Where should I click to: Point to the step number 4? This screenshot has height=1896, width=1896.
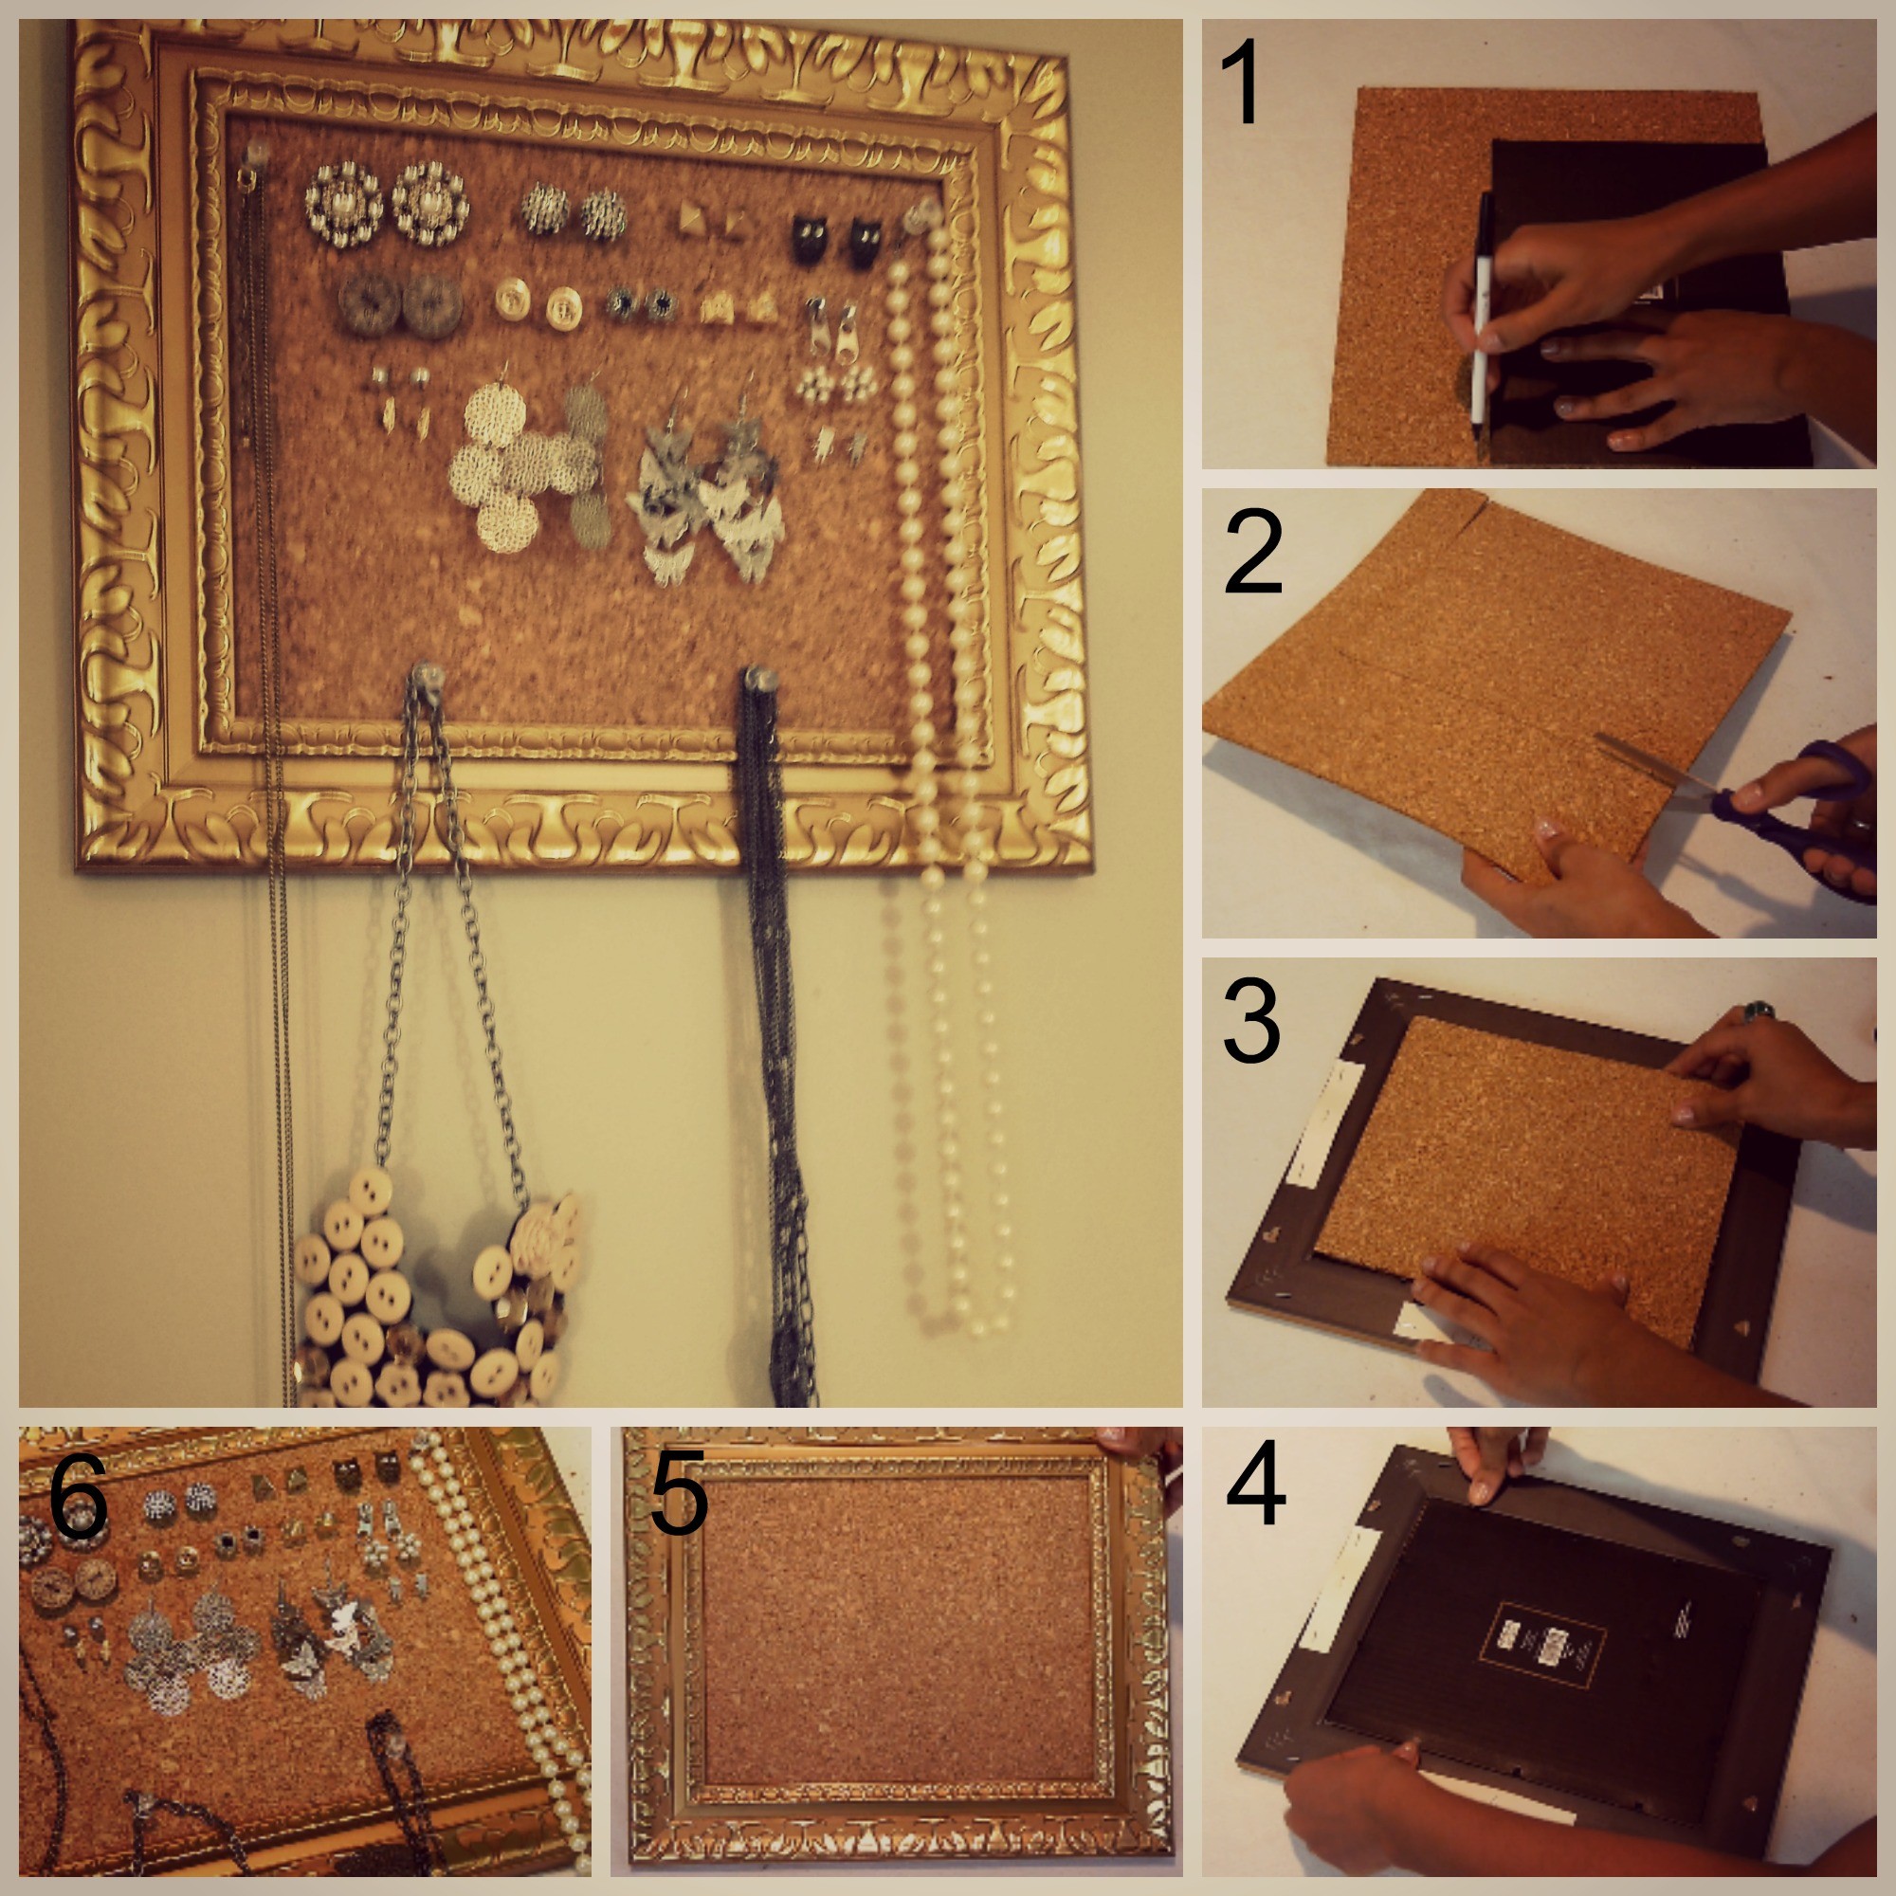[1255, 1483]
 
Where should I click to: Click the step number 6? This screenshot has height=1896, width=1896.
[79, 1497]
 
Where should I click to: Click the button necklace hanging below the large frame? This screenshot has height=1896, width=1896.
[431, 1305]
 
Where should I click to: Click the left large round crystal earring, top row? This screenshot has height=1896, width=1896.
[342, 205]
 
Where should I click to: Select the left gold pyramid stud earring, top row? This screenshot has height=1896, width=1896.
[689, 217]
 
